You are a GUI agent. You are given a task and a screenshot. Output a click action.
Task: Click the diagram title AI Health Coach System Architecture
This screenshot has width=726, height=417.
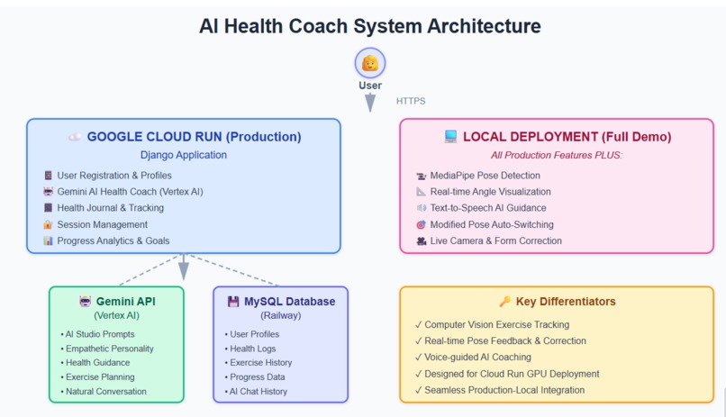369,26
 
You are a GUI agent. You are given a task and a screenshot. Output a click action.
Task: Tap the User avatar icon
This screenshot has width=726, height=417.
369,63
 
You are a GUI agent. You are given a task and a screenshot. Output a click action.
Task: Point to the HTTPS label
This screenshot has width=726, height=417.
411,101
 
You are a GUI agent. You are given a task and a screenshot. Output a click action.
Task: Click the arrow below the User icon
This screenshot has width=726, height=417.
369,102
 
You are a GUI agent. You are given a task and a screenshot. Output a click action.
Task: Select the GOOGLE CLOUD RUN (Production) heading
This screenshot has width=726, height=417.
194,137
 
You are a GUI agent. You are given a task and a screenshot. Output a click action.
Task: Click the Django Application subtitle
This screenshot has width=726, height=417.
184,155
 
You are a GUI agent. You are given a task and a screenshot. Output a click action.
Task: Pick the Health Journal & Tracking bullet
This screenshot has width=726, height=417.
110,208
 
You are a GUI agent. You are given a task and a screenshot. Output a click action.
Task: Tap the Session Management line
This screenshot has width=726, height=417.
102,224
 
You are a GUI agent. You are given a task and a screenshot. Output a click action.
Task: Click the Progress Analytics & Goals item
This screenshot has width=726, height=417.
112,240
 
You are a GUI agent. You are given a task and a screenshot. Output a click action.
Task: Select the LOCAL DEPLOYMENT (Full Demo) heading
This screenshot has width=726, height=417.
567,137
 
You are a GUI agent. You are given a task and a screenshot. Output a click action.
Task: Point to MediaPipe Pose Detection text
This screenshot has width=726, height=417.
485,176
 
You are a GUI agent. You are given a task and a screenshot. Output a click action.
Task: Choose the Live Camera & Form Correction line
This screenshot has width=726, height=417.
495,240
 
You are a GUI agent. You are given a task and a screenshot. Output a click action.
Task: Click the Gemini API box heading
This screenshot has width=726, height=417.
125,302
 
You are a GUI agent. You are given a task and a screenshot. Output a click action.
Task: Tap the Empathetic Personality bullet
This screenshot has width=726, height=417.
109,349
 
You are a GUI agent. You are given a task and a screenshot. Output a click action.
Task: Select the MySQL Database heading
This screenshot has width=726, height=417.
289,302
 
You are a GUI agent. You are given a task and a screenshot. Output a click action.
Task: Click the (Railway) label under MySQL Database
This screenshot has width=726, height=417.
280,316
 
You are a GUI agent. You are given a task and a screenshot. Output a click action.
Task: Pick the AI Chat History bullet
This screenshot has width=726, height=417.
260,392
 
